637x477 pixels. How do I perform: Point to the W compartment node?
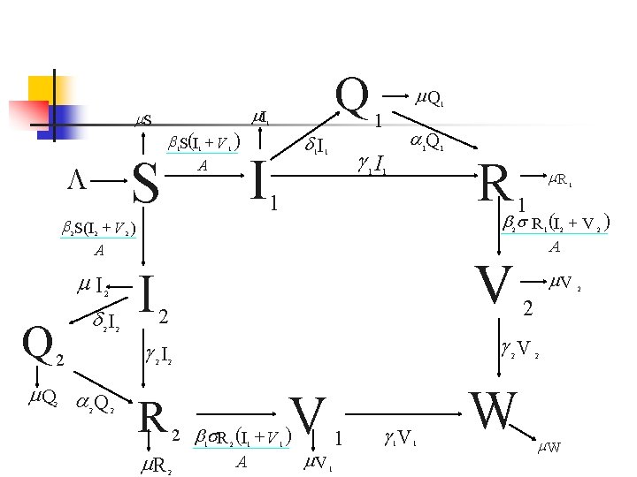492,411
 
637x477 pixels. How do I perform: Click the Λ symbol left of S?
78,179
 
